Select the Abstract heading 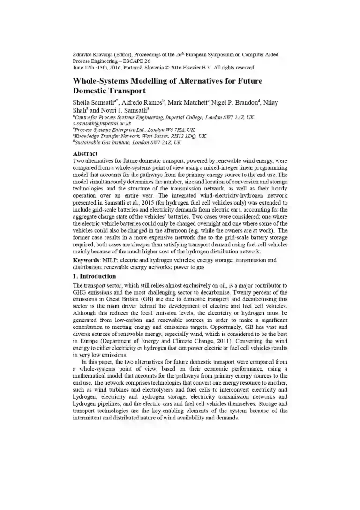click(85, 153)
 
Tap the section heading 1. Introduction click(94, 276)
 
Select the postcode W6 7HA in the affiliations click(162, 130)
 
